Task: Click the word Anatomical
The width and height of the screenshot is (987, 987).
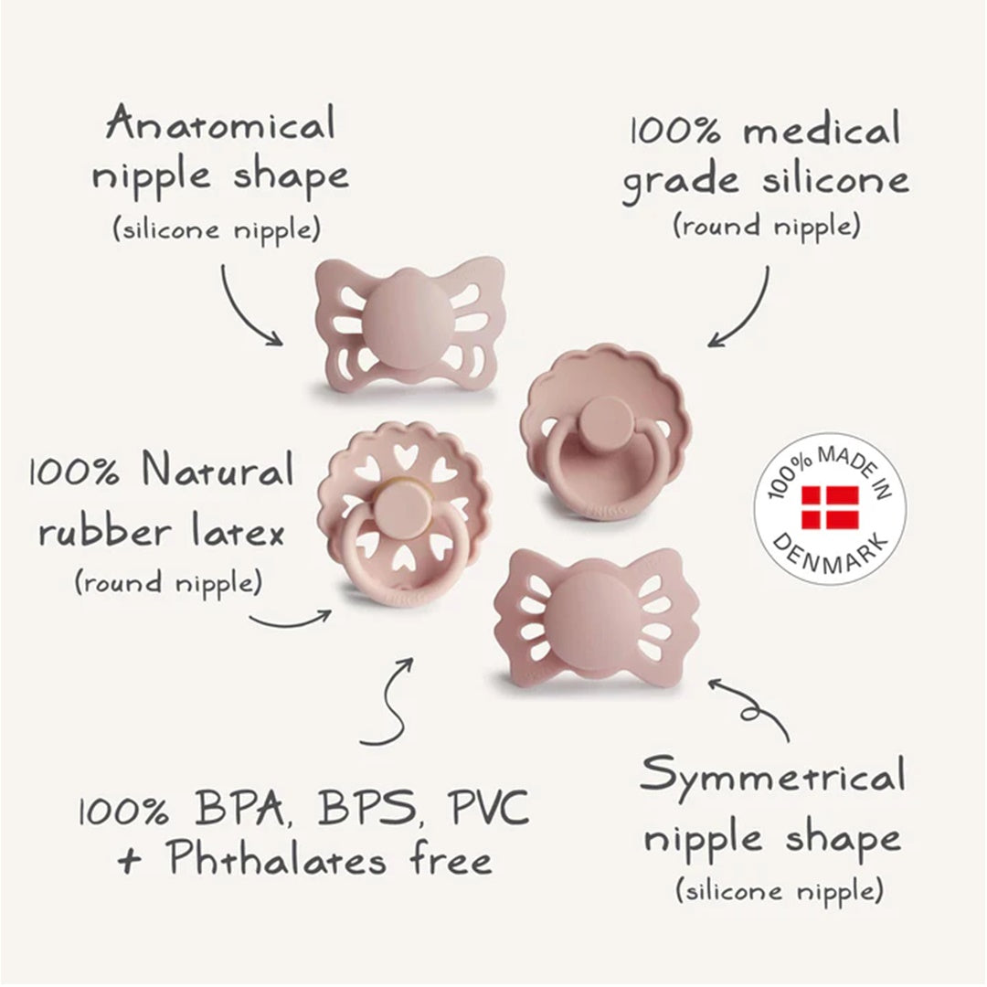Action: [221, 124]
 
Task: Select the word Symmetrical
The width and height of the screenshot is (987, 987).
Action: [773, 776]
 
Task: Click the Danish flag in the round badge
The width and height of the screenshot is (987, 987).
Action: [830, 507]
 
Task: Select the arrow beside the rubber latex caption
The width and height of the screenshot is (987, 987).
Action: [292, 621]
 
